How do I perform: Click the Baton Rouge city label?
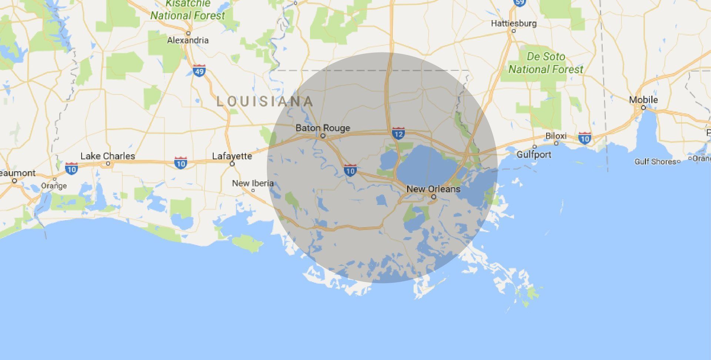tap(323, 128)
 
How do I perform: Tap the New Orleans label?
tap(433, 189)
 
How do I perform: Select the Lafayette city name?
tap(232, 156)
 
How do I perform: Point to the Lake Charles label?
tap(108, 156)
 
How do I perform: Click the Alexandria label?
tap(188, 40)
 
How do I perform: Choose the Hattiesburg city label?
tap(513, 23)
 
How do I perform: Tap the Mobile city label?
tap(643, 100)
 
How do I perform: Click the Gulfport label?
tap(534, 154)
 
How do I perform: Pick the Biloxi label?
tap(556, 136)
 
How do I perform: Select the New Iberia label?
tap(253, 183)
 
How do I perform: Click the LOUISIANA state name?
tap(264, 101)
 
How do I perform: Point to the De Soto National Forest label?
tap(545, 63)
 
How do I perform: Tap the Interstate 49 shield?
tap(199, 71)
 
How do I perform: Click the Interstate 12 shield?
tap(398, 133)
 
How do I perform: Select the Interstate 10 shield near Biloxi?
tap(584, 138)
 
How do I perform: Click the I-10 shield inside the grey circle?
tap(350, 170)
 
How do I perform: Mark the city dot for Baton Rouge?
tap(323, 136)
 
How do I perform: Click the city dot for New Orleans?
tap(434, 197)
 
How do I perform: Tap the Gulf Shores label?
tap(655, 161)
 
